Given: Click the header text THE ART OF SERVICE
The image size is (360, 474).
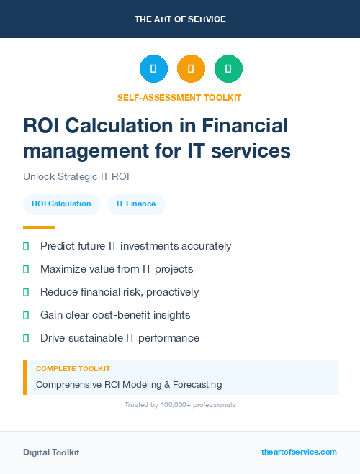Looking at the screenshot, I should pyautogui.click(x=180, y=19).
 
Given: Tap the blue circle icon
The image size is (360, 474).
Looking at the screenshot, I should pyautogui.click(x=153, y=69).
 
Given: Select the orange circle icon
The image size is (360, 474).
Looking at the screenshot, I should pyautogui.click(x=191, y=69).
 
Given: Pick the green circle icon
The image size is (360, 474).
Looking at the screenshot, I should pyautogui.click(x=228, y=69).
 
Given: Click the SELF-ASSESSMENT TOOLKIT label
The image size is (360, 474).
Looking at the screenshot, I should pyautogui.click(x=180, y=97).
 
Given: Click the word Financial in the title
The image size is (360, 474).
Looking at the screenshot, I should pyautogui.click(x=245, y=126).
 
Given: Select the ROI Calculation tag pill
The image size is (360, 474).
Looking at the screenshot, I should pyautogui.click(x=61, y=204).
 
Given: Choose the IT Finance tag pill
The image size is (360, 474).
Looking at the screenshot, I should pyautogui.click(x=136, y=204).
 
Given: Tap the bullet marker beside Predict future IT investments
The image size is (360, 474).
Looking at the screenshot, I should pyautogui.click(x=26, y=246).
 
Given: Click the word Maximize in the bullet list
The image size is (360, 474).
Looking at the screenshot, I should pyautogui.click(x=63, y=269).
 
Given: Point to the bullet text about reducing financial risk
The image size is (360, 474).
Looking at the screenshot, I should pyautogui.click(x=120, y=292).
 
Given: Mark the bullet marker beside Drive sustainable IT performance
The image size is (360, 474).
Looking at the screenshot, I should pyautogui.click(x=26, y=338).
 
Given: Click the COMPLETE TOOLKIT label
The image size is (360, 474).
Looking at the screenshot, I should pyautogui.click(x=73, y=368).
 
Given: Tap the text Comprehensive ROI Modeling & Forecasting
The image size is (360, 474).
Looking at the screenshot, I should pyautogui.click(x=129, y=384).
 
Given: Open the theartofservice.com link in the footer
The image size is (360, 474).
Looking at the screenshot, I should pyautogui.click(x=299, y=452).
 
